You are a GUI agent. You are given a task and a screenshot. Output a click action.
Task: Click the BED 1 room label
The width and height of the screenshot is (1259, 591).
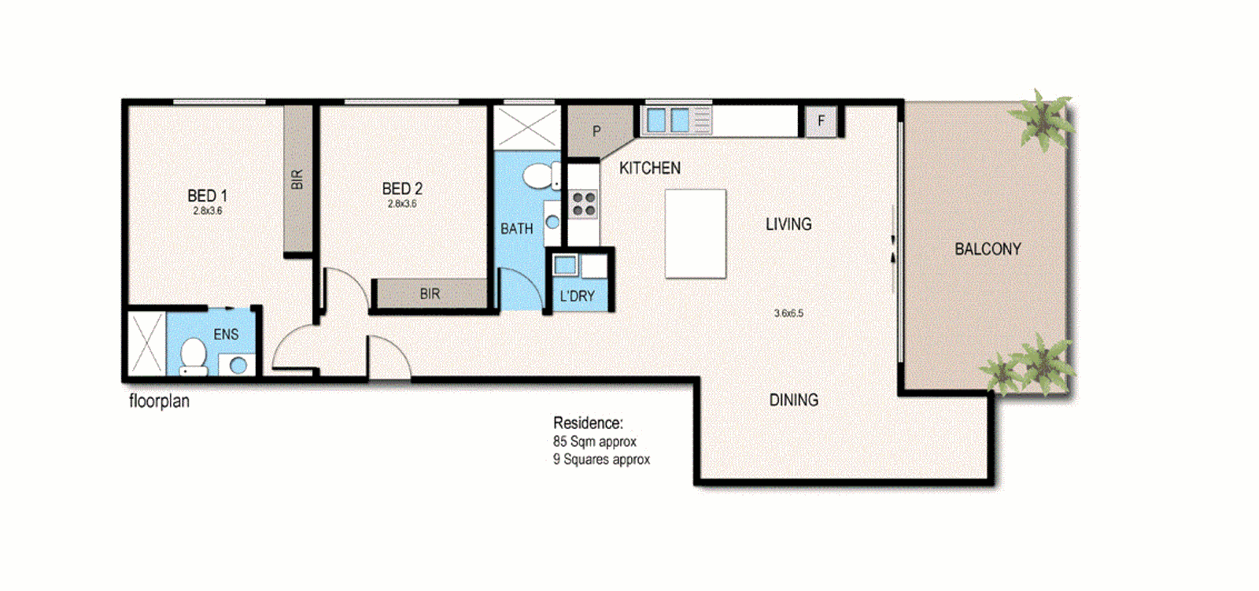click(x=207, y=196)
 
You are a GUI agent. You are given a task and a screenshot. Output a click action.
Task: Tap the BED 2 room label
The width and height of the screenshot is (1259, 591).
click(x=402, y=189)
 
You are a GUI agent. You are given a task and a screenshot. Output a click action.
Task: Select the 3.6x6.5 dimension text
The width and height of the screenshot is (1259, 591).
click(x=788, y=313)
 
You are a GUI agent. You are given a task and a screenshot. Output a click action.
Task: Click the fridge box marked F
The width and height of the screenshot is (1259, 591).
click(x=821, y=121)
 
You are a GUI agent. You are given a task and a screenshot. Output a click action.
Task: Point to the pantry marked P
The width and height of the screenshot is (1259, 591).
click(x=596, y=131)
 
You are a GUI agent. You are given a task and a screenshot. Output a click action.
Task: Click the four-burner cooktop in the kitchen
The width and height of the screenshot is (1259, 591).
click(x=583, y=205)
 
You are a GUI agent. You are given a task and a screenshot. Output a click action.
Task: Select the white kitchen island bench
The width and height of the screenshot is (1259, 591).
click(x=695, y=234)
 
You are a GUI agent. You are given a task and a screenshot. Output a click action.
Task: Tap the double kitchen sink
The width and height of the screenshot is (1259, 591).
click(x=668, y=120)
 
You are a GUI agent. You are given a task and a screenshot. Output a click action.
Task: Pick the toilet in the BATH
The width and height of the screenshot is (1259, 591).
click(x=539, y=175)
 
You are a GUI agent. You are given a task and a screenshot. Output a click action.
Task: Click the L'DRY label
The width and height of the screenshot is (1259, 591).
click(x=577, y=296)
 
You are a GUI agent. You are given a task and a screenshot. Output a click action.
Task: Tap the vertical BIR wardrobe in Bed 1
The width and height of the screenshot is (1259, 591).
click(x=297, y=179)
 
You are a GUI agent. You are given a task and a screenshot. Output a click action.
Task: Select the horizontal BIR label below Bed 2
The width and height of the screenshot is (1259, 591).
click(x=430, y=294)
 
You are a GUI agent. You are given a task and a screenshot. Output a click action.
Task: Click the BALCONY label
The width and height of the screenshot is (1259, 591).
click(x=988, y=249)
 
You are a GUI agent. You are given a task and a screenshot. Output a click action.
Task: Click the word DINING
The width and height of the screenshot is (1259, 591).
click(x=793, y=400)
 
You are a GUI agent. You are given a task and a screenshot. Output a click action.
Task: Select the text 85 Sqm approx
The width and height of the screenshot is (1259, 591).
click(x=594, y=441)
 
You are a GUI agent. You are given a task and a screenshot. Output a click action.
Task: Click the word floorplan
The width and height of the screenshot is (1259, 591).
click(x=159, y=401)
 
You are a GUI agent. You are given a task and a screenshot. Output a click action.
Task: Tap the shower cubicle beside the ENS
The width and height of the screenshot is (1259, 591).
click(x=146, y=343)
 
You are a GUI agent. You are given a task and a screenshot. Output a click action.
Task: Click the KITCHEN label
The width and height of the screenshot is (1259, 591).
click(x=649, y=168)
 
